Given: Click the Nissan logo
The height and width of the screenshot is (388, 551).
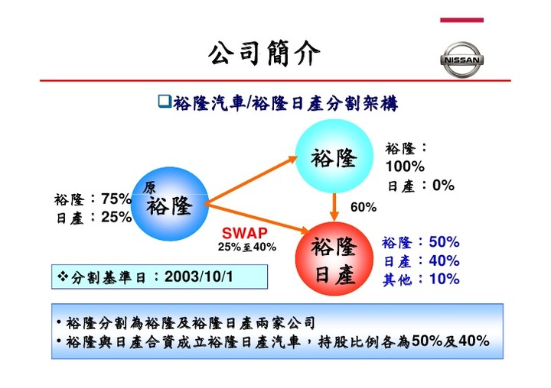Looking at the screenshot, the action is (x=461, y=60).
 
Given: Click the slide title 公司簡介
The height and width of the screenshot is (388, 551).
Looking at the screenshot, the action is (x=264, y=53).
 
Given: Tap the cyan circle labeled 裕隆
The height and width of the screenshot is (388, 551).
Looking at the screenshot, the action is (x=334, y=157).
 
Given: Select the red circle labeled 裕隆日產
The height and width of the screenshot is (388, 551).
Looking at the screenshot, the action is (x=334, y=259).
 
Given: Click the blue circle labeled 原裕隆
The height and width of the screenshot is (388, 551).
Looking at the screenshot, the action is (x=170, y=204).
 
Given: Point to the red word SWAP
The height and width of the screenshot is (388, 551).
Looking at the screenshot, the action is (x=245, y=233).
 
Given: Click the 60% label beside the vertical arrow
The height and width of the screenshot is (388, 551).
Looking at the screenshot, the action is (x=364, y=207).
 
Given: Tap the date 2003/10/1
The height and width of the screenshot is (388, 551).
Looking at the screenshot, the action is (x=198, y=276).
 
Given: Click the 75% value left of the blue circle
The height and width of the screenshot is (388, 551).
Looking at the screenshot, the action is (x=116, y=199).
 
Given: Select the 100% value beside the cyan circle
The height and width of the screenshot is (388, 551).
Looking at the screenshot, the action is (x=405, y=167).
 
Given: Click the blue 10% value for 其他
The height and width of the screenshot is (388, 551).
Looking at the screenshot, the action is (x=444, y=279).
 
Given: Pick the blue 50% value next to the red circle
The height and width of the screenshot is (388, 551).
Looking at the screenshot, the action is (x=444, y=241).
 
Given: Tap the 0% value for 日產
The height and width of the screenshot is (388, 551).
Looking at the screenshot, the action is (x=443, y=185).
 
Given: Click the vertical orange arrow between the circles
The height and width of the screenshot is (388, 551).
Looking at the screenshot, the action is (x=334, y=207).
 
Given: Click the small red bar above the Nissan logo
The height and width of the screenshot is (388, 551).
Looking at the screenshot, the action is (x=461, y=20).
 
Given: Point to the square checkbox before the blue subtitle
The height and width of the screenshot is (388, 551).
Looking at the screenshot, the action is (x=165, y=101).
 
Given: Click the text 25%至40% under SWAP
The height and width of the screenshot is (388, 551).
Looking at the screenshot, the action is (x=247, y=247).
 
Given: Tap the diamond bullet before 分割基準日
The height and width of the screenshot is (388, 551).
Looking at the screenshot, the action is (x=63, y=276).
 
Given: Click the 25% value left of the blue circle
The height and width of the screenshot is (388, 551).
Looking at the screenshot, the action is (x=116, y=217).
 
